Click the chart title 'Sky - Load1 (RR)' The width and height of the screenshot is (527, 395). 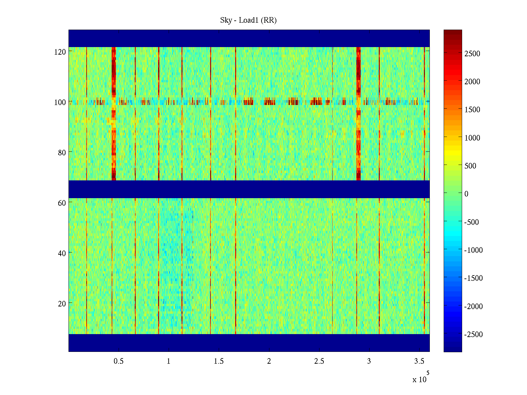pos(248,20)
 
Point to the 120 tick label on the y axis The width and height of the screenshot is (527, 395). pos(60,52)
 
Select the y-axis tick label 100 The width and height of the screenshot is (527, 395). pos(60,102)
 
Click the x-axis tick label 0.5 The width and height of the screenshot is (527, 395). pos(119,361)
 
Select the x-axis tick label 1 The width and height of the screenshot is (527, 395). pos(169,361)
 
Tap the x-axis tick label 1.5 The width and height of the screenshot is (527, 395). pos(219,361)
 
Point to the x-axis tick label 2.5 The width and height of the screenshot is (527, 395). pos(319,361)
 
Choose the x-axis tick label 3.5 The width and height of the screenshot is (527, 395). pos(419,361)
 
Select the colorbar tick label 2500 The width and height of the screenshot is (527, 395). pos(472,54)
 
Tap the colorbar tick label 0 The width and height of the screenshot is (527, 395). pos(466,194)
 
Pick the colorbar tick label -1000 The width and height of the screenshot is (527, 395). pos(474,250)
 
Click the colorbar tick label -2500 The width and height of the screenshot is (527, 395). pos(474,334)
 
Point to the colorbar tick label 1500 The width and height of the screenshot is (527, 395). pos(472,110)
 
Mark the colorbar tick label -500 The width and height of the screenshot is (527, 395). pos(472,222)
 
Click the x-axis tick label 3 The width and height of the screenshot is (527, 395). pos(369,361)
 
